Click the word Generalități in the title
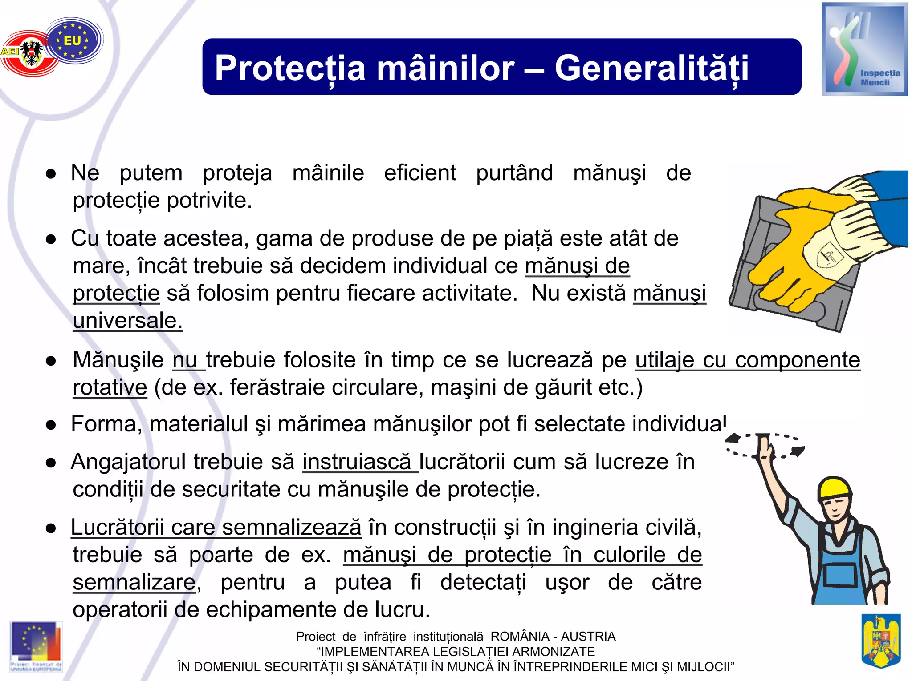click(x=651, y=68)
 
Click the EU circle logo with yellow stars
click(x=73, y=40)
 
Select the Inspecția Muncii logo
click(x=864, y=49)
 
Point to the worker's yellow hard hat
click(x=835, y=487)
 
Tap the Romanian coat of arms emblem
click(x=881, y=640)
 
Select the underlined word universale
click(x=128, y=321)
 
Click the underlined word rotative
click(x=110, y=387)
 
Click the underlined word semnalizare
click(x=134, y=582)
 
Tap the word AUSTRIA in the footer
click(x=588, y=637)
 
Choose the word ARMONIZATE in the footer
click(x=554, y=652)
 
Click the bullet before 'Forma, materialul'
click(x=51, y=425)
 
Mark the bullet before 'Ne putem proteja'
click(x=51, y=174)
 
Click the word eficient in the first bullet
click(x=420, y=173)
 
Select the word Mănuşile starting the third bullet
click(x=118, y=360)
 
